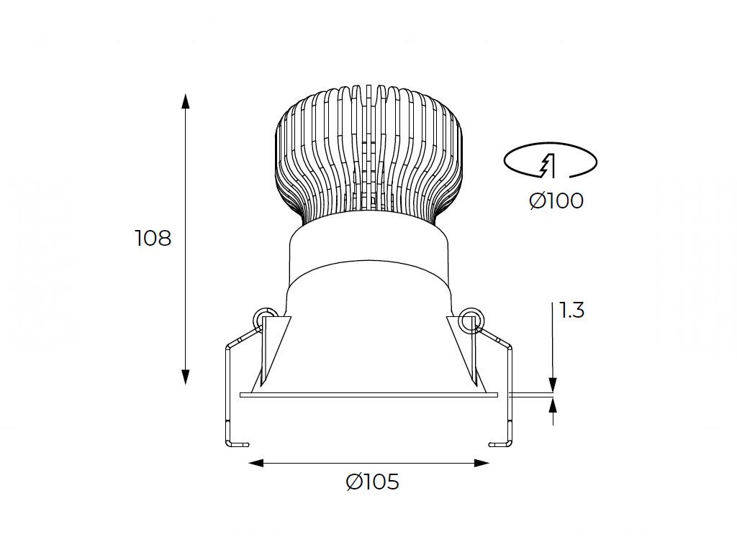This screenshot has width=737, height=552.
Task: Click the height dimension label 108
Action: click(153, 238)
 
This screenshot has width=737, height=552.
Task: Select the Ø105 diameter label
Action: click(372, 482)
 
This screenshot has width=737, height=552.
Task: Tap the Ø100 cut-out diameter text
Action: click(556, 201)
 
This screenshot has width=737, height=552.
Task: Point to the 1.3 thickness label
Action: click(571, 310)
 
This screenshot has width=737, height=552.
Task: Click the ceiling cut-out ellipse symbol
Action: click(550, 160)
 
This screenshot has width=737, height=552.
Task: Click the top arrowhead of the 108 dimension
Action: click(186, 101)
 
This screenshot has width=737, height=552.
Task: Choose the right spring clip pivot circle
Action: click(471, 317)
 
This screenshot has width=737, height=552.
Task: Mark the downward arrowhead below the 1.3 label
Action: click(553, 386)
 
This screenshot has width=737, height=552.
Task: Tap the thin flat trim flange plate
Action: click(368, 395)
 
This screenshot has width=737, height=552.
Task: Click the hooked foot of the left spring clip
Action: click(238, 444)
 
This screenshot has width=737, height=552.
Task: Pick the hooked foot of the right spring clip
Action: click(500, 444)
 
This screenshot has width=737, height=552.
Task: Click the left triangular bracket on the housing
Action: click(274, 345)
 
